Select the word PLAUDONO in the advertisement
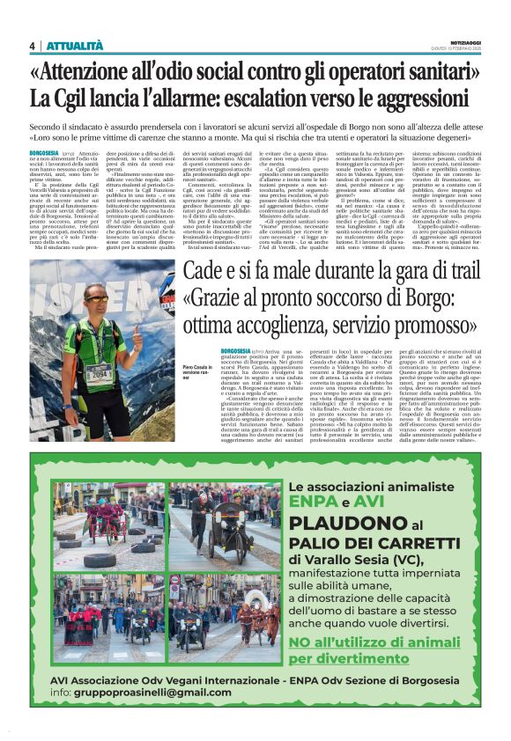click(347, 525)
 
